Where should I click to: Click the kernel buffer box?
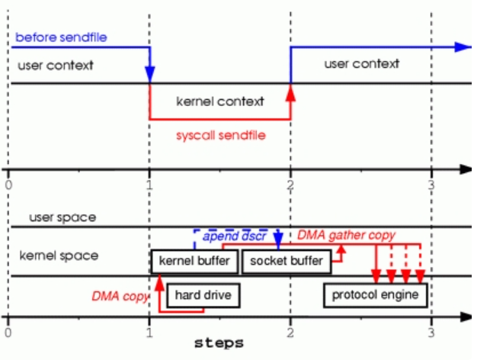pyautogui.click(x=194, y=262)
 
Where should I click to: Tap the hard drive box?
pyautogui.click(x=203, y=294)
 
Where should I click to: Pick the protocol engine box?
pyautogui.click(x=376, y=294)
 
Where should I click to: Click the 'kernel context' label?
pyautogui.click(x=219, y=101)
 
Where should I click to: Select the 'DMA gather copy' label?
pyautogui.click(x=346, y=236)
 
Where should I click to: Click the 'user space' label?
pyautogui.click(x=62, y=217)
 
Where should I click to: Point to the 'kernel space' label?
pyautogui.click(x=59, y=256)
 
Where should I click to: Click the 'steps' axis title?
pyautogui.click(x=219, y=342)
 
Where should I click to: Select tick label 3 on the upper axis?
pyautogui.click(x=431, y=184)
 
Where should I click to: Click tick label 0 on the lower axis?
pyautogui.click(x=8, y=332)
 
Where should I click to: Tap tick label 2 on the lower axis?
pyautogui.click(x=290, y=332)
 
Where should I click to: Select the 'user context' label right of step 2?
pyautogui.click(x=361, y=64)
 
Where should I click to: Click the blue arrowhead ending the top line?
pyautogui.click(x=463, y=47)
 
